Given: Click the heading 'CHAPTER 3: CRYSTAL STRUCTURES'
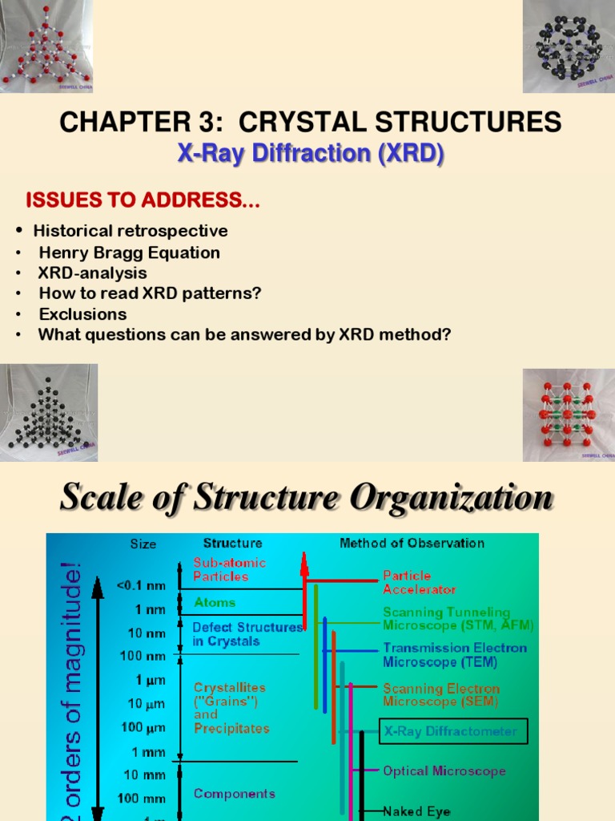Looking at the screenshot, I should pyautogui.click(x=311, y=123).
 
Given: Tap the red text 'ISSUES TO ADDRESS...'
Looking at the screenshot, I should pyautogui.click(x=143, y=200).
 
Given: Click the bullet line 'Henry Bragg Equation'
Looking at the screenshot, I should pyautogui.click(x=129, y=253).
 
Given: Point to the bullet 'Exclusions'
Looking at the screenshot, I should pyautogui.click(x=82, y=313).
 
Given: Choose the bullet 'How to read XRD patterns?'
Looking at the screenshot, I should pyautogui.click(x=150, y=293).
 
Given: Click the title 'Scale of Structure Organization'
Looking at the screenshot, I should pyautogui.click(x=307, y=498).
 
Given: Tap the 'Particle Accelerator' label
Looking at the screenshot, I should pyautogui.click(x=419, y=582).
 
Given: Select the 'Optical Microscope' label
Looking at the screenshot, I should pyautogui.click(x=444, y=770).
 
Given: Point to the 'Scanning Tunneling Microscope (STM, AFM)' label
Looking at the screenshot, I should pyautogui.click(x=457, y=618).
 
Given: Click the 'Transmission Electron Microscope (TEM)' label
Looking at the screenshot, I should pyautogui.click(x=454, y=655).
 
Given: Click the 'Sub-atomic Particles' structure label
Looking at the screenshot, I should pyautogui.click(x=229, y=569).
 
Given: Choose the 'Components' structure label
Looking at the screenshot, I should pyautogui.click(x=234, y=793).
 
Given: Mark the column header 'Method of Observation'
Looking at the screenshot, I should pyautogui.click(x=412, y=543).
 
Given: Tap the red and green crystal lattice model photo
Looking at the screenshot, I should pyautogui.click(x=569, y=415).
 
